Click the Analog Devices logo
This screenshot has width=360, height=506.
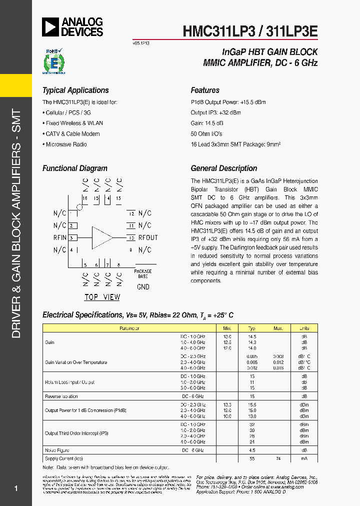click(x=72, y=27)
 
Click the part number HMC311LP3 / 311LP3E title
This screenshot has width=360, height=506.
click(x=250, y=30)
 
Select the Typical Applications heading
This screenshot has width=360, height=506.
click(x=75, y=90)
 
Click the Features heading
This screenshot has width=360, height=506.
click(x=205, y=90)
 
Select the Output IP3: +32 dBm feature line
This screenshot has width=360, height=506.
click(x=215, y=113)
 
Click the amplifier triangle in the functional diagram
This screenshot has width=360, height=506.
click(x=102, y=237)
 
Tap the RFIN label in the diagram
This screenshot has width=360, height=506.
click(x=59, y=237)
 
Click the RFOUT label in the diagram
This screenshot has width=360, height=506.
click(x=148, y=237)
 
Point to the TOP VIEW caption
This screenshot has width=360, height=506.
click(x=102, y=297)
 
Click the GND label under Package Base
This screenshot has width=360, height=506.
click(x=143, y=287)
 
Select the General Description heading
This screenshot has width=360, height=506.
click(x=224, y=168)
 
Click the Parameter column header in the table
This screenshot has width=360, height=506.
click(x=129, y=328)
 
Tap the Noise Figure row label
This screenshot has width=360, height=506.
click(x=57, y=450)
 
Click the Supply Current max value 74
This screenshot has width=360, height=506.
click(x=278, y=458)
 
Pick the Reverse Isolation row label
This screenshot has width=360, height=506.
click(x=61, y=396)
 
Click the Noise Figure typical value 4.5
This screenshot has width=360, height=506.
click(x=252, y=450)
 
